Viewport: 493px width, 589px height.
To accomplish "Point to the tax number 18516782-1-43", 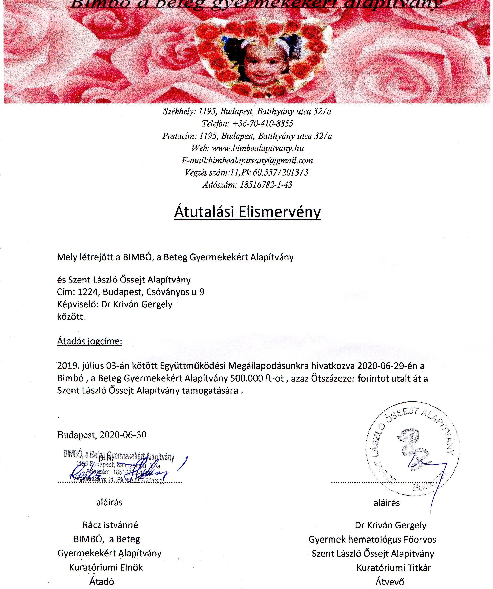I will point(266,185).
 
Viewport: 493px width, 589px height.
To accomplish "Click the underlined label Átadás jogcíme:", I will point(90,341).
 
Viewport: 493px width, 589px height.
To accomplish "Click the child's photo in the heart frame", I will point(263,62).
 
